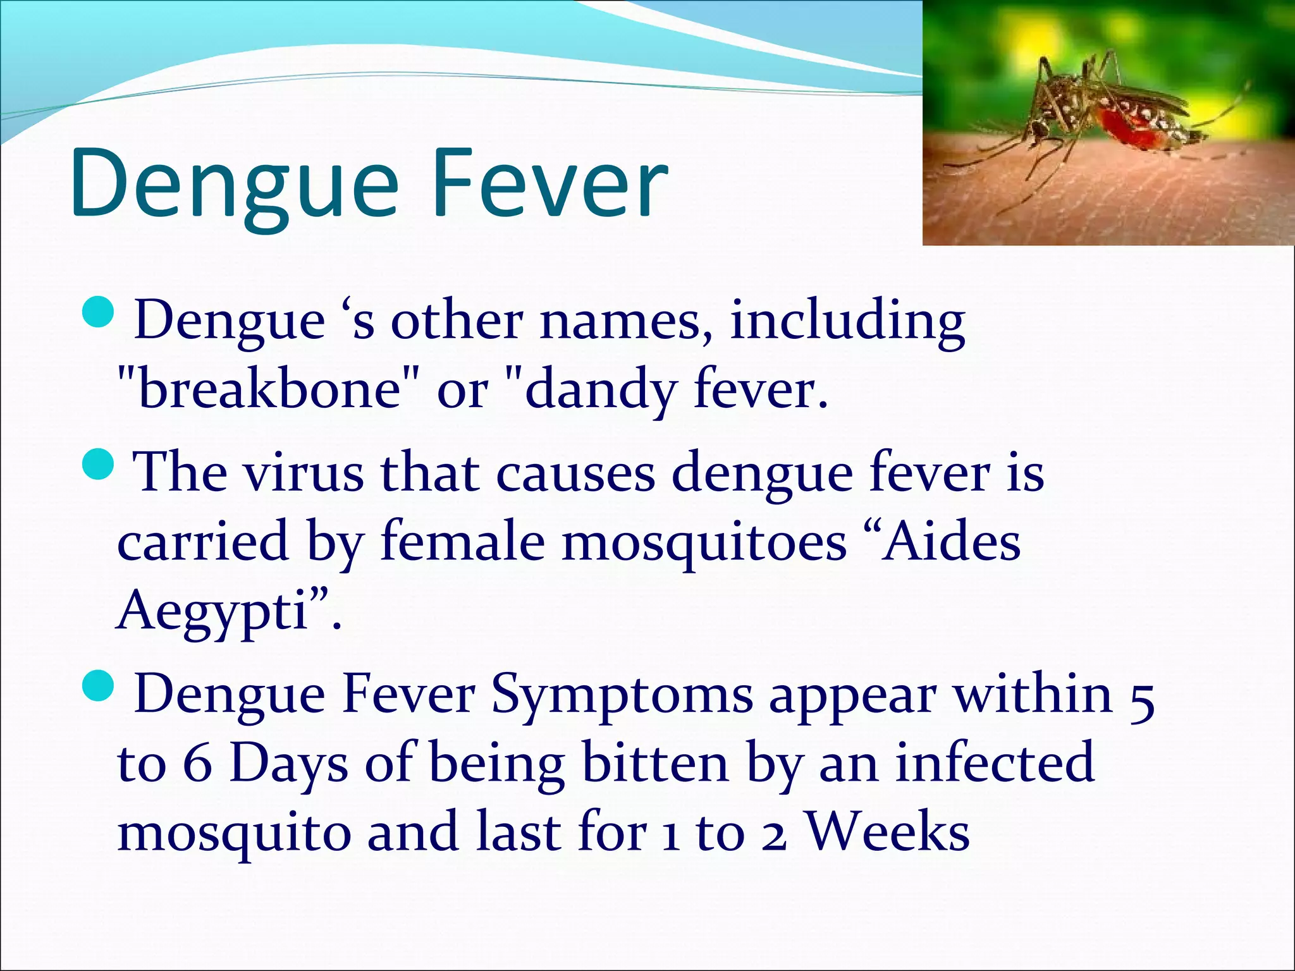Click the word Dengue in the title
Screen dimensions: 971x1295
point(234,183)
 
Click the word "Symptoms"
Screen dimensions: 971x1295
point(622,695)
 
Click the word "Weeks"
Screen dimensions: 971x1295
point(888,832)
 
